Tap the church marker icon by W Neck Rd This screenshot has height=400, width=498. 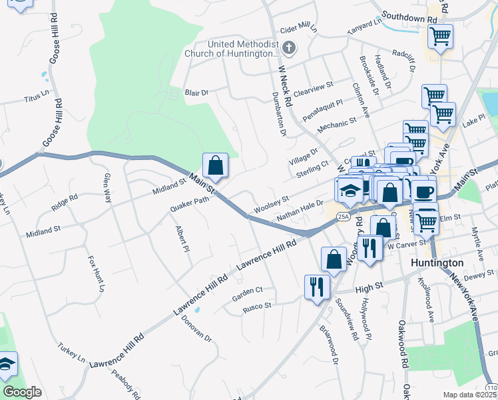coord(289,48)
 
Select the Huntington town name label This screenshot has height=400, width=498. coord(437,263)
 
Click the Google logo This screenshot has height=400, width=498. coord(22,392)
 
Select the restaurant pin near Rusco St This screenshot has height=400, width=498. coord(317,287)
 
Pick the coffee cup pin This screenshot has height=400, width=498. coord(423,191)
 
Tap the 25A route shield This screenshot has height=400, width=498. coord(342,217)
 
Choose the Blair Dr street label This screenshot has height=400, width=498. coord(196,93)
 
